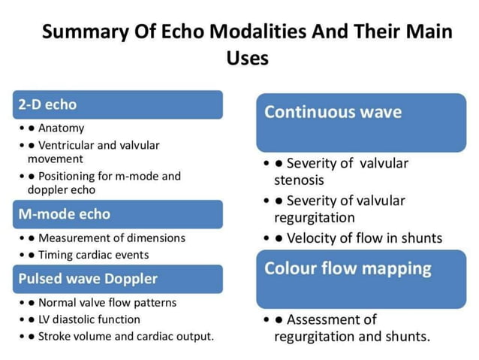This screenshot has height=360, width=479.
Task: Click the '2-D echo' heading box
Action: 118,104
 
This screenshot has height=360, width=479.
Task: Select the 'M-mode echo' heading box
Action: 118,214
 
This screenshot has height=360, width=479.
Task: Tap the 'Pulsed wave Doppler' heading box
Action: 118,279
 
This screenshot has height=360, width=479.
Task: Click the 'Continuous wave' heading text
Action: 333,113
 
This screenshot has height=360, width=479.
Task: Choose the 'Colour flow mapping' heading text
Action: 348,268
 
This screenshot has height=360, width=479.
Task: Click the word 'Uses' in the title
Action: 247,58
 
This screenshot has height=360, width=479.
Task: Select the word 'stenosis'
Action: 300,180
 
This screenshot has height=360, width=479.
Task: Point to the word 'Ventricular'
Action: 68,145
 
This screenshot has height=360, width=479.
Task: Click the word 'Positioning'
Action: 68,176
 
